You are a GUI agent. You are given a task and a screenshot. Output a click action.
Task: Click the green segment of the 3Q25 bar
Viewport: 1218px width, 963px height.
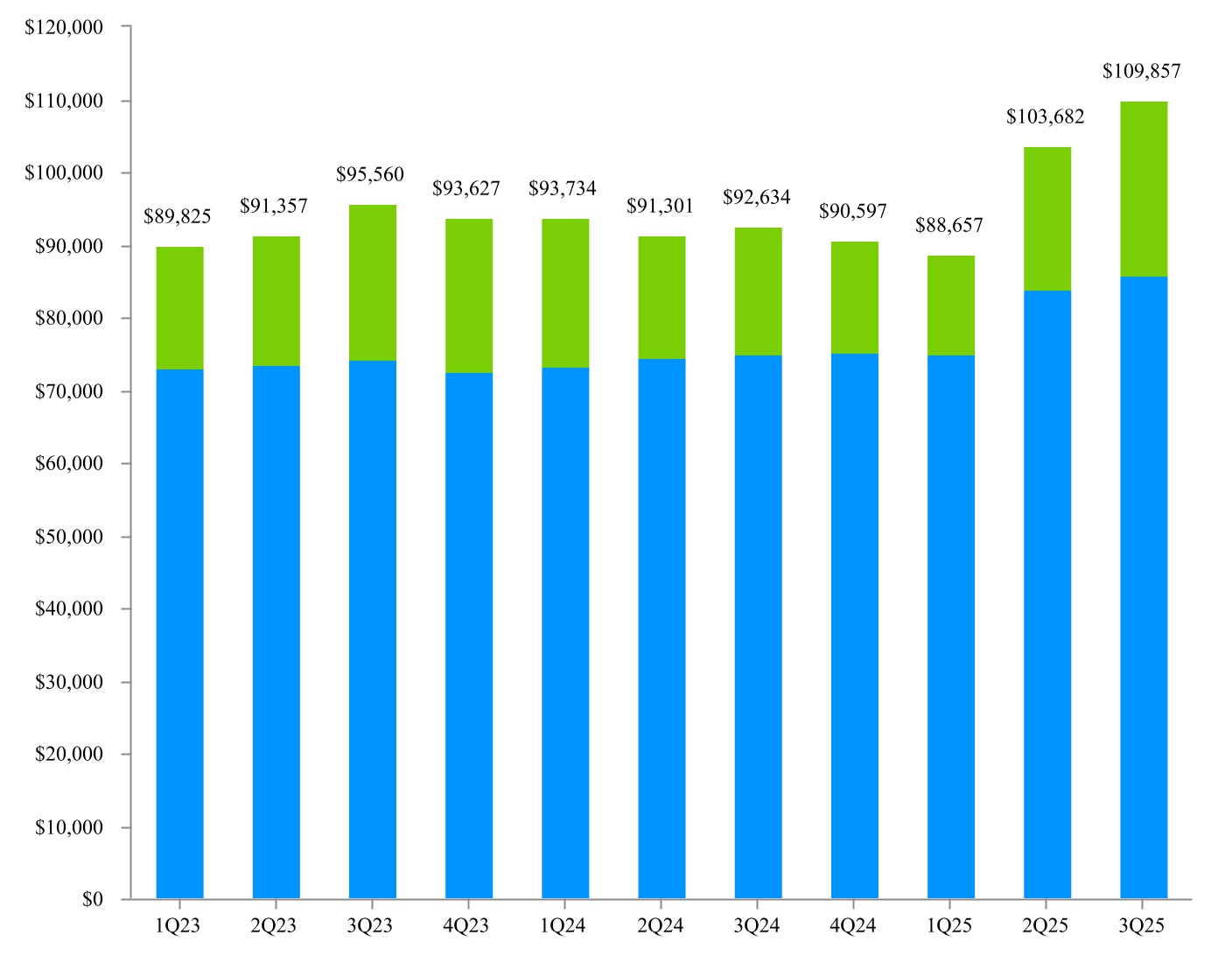(1143, 189)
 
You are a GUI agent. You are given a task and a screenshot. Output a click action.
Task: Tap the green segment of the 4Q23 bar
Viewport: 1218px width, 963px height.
(469, 296)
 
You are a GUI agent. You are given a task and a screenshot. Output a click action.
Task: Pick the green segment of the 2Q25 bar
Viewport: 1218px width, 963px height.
(1046, 219)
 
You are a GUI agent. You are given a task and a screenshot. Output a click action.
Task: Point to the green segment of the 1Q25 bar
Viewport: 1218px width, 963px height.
(950, 306)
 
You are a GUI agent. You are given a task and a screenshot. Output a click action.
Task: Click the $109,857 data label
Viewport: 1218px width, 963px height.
(1141, 72)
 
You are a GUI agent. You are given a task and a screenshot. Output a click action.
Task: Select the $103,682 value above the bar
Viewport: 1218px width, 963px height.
(1045, 116)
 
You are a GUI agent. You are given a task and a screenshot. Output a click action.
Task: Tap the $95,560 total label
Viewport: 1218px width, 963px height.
(370, 174)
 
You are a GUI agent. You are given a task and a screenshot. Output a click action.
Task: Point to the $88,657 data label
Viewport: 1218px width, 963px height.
(948, 225)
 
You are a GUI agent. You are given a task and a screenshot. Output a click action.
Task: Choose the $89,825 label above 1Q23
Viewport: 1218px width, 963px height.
(178, 216)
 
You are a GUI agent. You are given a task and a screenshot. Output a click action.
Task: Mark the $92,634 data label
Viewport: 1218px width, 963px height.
(756, 197)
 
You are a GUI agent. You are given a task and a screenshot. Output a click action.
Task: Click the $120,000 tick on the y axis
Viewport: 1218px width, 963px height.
(64, 27)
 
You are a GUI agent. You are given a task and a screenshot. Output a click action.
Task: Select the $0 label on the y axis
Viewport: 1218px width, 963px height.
(92, 899)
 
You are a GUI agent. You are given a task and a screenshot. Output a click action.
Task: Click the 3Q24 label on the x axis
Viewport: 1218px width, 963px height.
(756, 925)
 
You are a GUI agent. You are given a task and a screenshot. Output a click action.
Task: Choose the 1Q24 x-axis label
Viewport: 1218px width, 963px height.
(563, 925)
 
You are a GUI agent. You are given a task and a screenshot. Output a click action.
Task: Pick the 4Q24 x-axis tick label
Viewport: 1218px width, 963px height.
(852, 925)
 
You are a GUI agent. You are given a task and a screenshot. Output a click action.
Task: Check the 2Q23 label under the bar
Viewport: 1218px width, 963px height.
(274, 925)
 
